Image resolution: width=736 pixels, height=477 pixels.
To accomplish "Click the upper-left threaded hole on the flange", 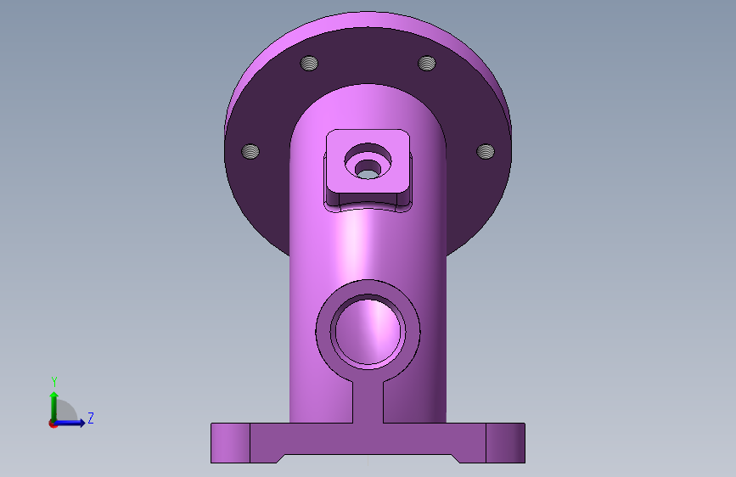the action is click(x=309, y=63).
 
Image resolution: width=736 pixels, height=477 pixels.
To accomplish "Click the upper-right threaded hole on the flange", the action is click(x=427, y=63).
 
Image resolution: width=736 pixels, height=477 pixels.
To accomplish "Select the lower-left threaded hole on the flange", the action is click(x=250, y=151).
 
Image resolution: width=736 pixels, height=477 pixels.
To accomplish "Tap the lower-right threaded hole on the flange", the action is click(x=486, y=151).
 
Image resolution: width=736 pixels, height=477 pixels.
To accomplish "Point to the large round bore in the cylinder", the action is click(x=368, y=330).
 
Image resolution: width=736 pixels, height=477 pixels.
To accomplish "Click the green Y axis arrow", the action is click(x=54, y=407).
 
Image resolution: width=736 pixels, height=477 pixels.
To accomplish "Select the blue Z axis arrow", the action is click(x=69, y=423).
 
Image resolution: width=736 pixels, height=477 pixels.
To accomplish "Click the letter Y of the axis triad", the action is click(x=54, y=382).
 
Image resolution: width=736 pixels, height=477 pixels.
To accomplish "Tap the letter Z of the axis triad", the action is click(x=91, y=418).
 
